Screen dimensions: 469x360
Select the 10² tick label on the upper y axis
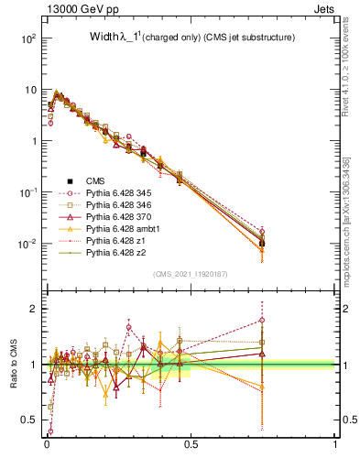(27, 38)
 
